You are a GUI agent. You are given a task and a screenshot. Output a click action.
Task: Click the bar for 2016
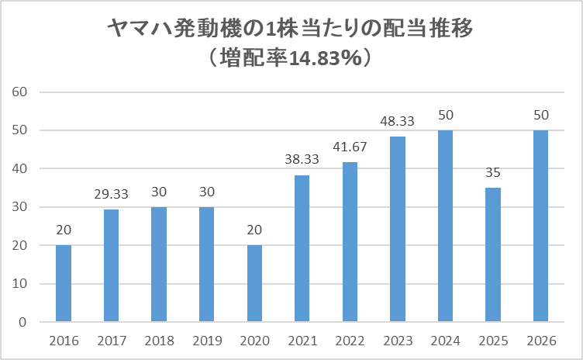point(64,283)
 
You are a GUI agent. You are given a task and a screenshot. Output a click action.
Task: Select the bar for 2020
point(254,283)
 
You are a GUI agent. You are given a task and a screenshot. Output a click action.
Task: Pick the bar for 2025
point(493,254)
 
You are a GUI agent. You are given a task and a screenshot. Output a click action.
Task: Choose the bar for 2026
point(540,226)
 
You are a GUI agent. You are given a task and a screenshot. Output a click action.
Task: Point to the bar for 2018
point(159,265)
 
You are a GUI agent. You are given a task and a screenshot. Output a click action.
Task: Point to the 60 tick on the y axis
point(20,92)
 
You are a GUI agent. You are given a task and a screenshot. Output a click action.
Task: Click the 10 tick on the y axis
point(20,284)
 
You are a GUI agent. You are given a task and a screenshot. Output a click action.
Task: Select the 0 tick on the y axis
point(23,322)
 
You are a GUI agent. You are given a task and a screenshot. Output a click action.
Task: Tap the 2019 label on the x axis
point(206,341)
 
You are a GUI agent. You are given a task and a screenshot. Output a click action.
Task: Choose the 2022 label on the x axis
point(350,341)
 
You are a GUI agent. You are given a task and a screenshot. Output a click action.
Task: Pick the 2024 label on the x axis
point(445,341)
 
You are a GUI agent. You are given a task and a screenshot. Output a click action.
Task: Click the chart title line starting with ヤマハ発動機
point(291,30)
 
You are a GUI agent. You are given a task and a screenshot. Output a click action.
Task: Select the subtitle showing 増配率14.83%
point(291,58)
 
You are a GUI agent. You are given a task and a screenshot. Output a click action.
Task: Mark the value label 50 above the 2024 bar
point(445,115)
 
